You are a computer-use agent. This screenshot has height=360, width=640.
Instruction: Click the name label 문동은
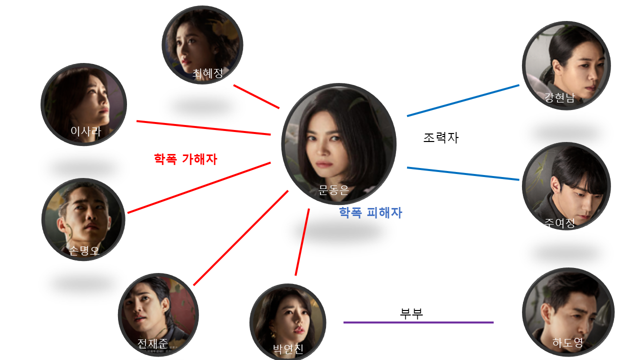point(333,190)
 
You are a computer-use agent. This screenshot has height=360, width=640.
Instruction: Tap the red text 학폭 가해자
point(185,159)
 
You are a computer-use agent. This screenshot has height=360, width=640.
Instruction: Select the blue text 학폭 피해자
point(370,213)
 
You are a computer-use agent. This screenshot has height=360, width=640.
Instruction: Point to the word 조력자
point(440,138)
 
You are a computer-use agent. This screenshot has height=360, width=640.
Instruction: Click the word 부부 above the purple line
point(411,313)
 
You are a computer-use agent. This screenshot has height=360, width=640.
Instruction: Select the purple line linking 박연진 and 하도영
point(418,322)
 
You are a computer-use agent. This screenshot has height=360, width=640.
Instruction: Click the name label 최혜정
point(207,73)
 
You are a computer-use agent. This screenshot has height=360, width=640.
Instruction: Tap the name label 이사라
point(86,131)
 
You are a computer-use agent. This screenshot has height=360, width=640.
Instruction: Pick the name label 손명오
point(84,250)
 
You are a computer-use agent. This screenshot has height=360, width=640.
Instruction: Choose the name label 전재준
point(152,344)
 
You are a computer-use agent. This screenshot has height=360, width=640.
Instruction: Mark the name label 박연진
point(288,349)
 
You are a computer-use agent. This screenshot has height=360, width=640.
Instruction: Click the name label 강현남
point(559,98)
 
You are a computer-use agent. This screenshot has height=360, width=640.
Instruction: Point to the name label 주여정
point(559,223)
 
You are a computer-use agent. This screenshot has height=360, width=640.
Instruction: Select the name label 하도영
point(567,343)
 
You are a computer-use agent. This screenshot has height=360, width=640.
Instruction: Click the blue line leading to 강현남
point(463,100)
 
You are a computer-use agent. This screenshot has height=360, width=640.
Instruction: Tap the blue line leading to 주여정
point(463,173)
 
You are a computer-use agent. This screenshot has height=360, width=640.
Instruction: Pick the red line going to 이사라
point(203,128)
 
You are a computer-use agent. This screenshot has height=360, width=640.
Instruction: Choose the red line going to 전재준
point(240,238)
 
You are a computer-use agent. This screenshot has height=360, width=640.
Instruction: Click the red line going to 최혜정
point(256,96)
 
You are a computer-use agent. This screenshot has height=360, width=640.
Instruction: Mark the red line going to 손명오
point(199,187)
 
